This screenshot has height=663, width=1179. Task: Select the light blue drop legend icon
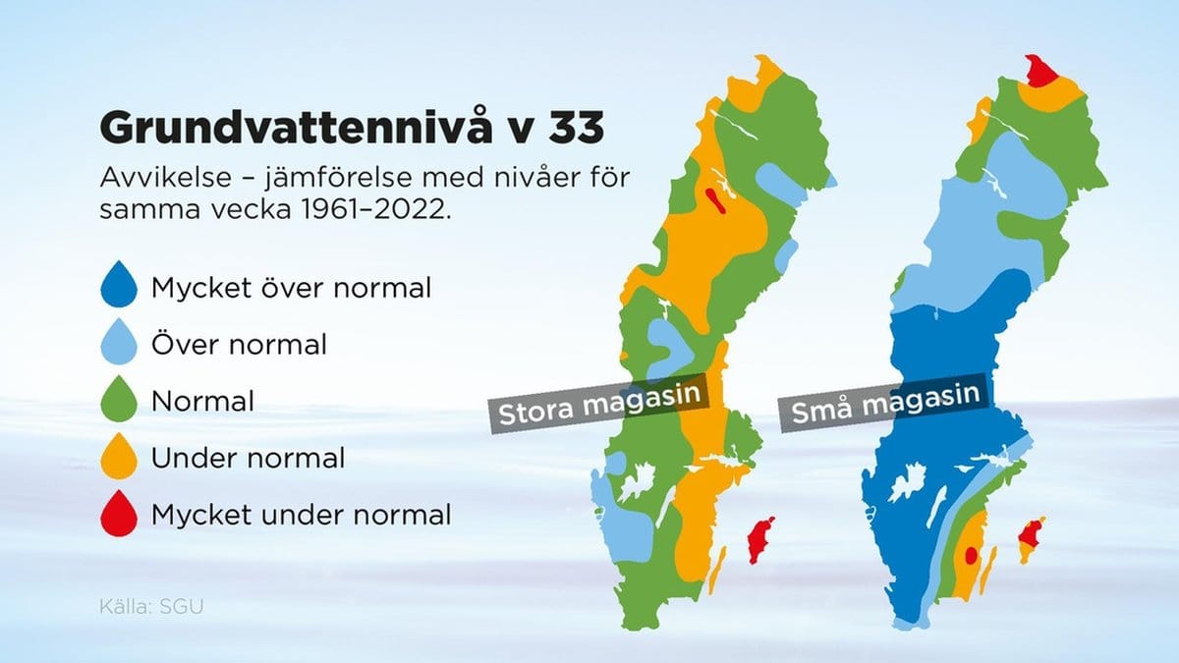coord(119,342)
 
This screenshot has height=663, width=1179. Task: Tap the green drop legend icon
coord(119,399)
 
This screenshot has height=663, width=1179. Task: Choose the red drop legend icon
coord(119,514)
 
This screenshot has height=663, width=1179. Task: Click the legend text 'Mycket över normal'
coord(291,288)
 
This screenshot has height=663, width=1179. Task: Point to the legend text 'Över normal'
coord(239,344)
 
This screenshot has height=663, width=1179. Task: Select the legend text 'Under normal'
coord(248,458)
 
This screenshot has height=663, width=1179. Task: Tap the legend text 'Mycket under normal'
coord(301,515)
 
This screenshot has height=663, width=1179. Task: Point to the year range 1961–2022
coord(376,210)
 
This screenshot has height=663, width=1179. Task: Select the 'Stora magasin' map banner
coord(599,404)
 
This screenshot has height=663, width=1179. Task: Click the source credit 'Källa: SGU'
coord(151,607)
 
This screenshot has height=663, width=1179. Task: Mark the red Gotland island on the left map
coord(761,540)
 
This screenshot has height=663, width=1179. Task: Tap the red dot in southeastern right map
coord(971,555)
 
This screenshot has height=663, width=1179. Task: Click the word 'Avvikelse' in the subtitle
coord(166,178)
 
